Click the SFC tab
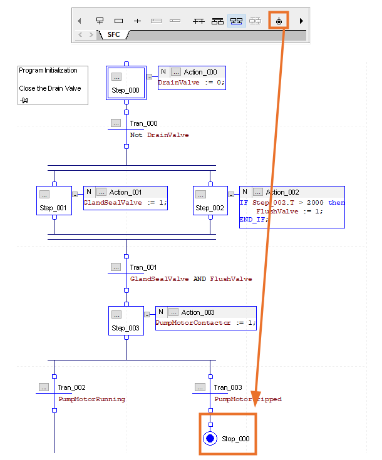(113, 35)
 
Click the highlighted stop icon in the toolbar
(279, 21)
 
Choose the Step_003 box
(126, 320)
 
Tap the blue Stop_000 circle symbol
(210, 439)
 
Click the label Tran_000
(143, 123)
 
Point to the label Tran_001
(143, 267)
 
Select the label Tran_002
(71, 387)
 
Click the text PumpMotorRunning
(91, 399)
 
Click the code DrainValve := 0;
(190, 83)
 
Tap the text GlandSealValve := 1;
(125, 203)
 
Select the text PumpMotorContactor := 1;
(205, 323)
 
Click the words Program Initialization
(48, 71)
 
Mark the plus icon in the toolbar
(137, 21)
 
